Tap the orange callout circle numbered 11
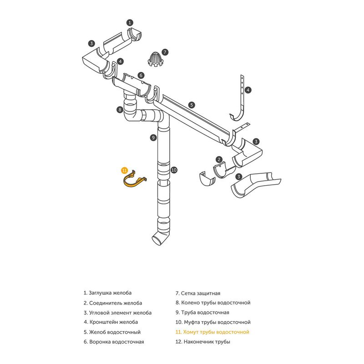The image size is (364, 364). click(x=124, y=170)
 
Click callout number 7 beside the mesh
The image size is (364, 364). click(x=165, y=52)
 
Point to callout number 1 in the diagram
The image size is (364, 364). click(x=130, y=22)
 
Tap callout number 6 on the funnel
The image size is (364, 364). click(x=141, y=75)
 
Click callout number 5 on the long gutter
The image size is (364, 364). click(x=192, y=105)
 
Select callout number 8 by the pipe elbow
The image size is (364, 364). click(x=119, y=109)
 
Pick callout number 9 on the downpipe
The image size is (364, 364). click(x=154, y=137)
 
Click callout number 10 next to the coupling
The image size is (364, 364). click(x=174, y=170)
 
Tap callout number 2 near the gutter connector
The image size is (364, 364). click(x=219, y=159)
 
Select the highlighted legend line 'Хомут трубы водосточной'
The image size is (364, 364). click(x=212, y=332)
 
